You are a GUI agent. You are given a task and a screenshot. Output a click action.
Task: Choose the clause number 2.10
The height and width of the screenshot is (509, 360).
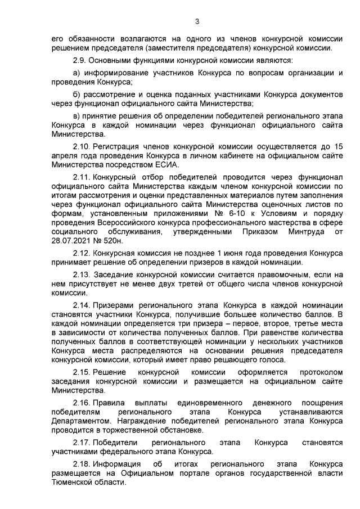(82, 146)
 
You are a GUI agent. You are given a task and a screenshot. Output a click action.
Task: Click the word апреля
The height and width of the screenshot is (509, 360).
(62, 155)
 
